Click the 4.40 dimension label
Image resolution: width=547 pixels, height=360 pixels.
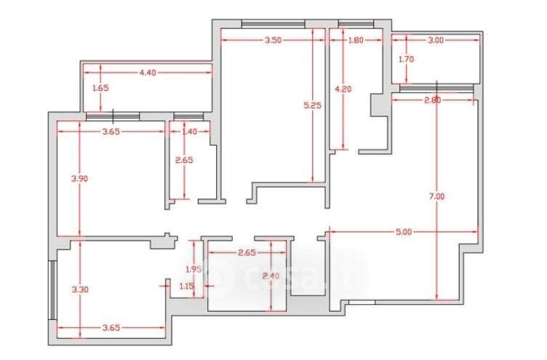148,73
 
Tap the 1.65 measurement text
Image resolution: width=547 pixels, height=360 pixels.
100,88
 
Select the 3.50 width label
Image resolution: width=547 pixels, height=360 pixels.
273,41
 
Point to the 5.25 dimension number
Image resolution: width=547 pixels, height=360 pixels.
313,105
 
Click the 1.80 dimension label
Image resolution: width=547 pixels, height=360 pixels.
356,41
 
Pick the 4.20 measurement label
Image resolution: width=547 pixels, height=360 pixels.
342,89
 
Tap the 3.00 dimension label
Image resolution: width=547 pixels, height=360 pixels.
436,41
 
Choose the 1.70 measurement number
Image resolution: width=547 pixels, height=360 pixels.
406,60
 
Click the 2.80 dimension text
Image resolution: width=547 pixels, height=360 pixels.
432,100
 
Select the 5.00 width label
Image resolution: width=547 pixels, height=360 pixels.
404,233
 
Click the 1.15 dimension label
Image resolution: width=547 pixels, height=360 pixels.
186,286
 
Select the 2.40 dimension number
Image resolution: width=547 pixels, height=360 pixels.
270,276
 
